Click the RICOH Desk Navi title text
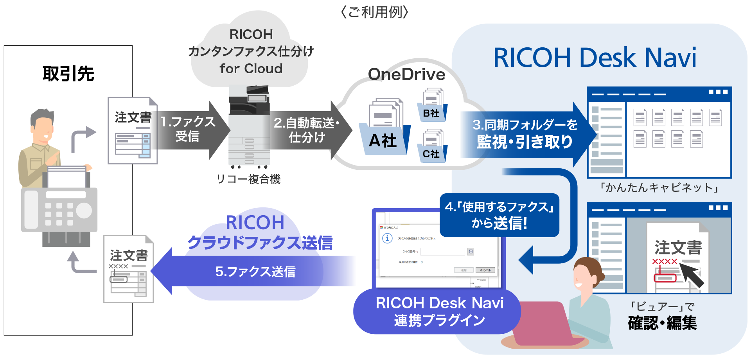pos(595,58)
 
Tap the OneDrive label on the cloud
pos(407,74)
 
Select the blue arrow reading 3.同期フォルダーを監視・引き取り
pos(524,134)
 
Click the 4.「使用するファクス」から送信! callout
pos(499,215)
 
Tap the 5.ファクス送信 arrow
pos(254,271)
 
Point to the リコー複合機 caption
pos(249,179)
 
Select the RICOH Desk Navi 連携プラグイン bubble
pos(438,311)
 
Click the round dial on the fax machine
pos(83,210)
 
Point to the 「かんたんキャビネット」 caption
pos(659,188)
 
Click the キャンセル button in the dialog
pos(485,270)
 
